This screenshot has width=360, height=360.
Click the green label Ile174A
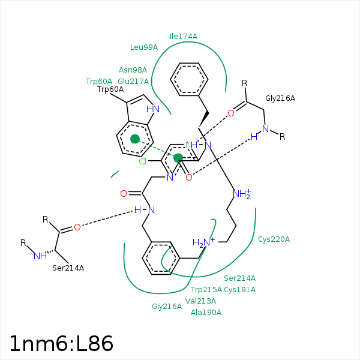(x=184, y=37)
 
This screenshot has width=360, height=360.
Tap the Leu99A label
(x=144, y=47)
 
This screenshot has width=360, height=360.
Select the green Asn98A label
(x=133, y=70)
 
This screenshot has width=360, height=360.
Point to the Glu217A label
(x=133, y=82)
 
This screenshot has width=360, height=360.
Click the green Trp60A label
(x=99, y=82)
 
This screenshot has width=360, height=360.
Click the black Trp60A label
(x=110, y=90)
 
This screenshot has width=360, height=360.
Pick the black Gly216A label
(x=280, y=98)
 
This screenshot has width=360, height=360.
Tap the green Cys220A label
(x=274, y=239)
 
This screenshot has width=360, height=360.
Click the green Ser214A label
(x=240, y=278)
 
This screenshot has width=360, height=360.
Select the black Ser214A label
(x=68, y=268)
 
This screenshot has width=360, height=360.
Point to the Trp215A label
(x=206, y=290)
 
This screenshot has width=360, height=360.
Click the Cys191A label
(x=240, y=290)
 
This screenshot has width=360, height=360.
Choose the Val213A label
(x=200, y=301)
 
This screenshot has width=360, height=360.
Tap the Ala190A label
(x=206, y=313)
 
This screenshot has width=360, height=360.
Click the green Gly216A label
(x=167, y=307)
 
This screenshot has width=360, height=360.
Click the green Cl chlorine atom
(x=143, y=161)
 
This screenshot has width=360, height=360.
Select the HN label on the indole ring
(x=153, y=109)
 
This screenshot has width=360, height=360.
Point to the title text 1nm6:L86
(x=61, y=344)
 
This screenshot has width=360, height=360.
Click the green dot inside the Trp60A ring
(x=135, y=139)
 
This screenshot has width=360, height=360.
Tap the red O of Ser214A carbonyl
(x=77, y=227)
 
